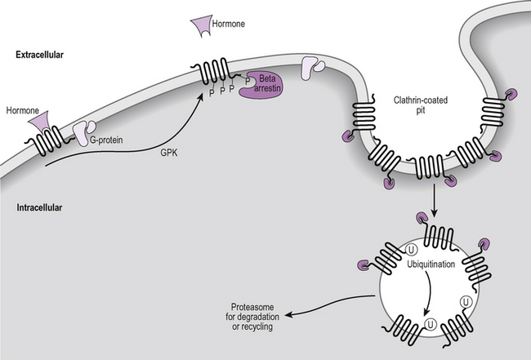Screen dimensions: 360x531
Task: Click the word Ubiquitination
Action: [x=431, y=265]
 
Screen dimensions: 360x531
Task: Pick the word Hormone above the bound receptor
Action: [x=20, y=109]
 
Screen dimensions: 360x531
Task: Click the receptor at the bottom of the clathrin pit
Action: [x=430, y=167]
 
